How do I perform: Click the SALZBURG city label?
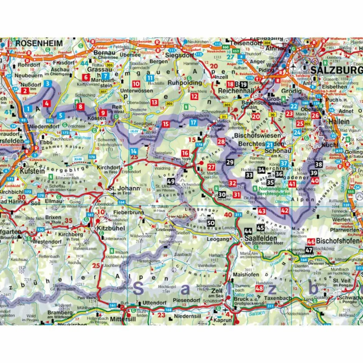pos(336,70)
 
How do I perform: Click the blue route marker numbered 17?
pos(193,123)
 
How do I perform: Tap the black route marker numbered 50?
pos(211,223)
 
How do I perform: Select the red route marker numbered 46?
pos(311,241)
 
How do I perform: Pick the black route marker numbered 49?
pos(171,181)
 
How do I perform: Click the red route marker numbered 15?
pos(165,124)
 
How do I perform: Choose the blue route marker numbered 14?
pos(133,151)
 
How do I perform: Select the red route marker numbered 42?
pos(285,210)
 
